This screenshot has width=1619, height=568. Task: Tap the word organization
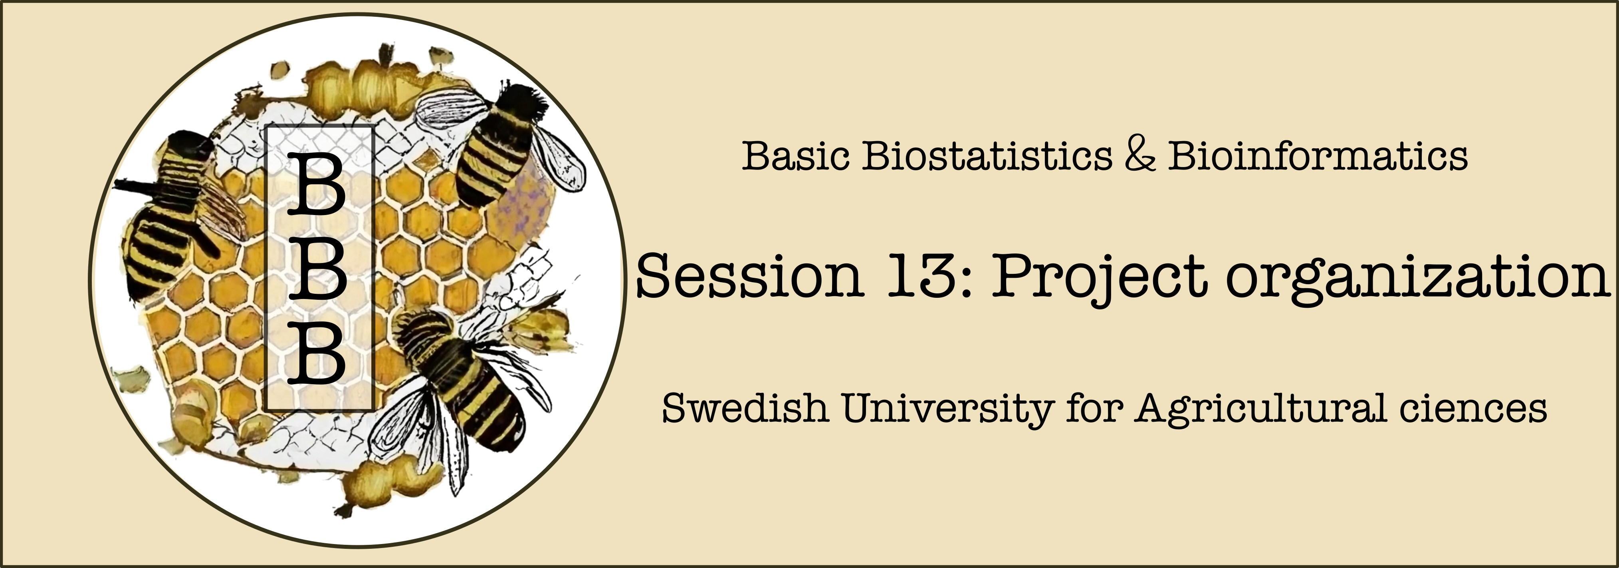coord(1417,279)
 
